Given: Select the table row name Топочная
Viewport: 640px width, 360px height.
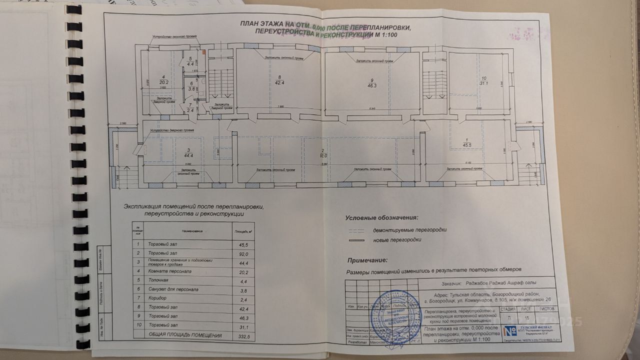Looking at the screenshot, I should tap(159, 280).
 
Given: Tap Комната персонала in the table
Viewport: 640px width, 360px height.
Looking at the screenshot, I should tap(170, 271).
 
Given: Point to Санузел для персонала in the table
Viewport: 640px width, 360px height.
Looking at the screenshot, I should tap(173, 289).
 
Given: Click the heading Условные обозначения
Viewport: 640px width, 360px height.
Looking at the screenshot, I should tap(380, 218).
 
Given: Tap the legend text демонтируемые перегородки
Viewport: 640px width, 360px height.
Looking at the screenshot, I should tap(409, 230).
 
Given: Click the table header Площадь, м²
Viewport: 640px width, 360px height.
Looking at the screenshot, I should tap(243, 231).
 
